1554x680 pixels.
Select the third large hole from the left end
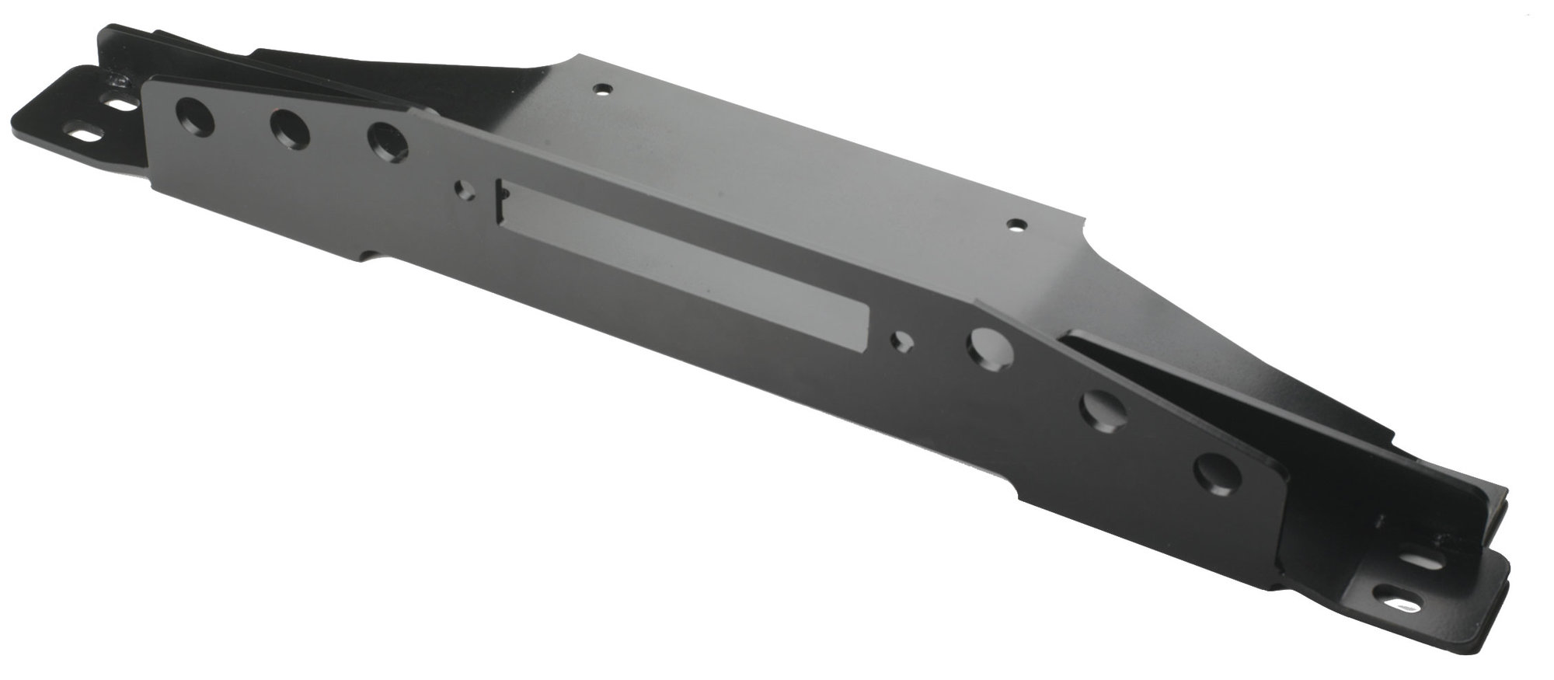387,142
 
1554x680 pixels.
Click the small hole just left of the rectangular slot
465,189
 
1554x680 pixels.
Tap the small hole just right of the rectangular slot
903,340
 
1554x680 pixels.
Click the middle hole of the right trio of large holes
1103,410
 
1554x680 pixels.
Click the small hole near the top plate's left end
599,89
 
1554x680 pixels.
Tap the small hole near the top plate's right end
1015,225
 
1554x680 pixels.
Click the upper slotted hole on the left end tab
119,102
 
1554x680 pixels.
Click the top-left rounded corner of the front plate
148,80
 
